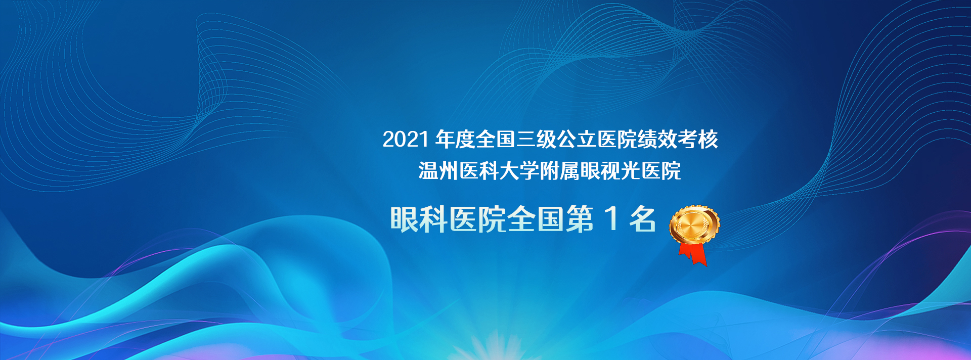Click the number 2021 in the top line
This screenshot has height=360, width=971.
[x=406, y=140]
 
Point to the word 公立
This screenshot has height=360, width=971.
[x=577, y=140]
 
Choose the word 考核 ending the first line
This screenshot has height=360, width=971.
[x=698, y=140]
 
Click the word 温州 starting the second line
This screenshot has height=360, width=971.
[x=438, y=171]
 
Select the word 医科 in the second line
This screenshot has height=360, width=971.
[x=479, y=171]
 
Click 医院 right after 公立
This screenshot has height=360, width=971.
[x=617, y=140]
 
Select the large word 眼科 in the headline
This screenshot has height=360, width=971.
[x=419, y=219]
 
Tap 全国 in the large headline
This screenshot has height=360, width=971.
[x=536, y=219]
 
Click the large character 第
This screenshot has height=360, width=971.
[x=580, y=219]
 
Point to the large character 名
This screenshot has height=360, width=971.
[x=643, y=219]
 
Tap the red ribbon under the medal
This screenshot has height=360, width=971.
[x=693, y=253]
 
